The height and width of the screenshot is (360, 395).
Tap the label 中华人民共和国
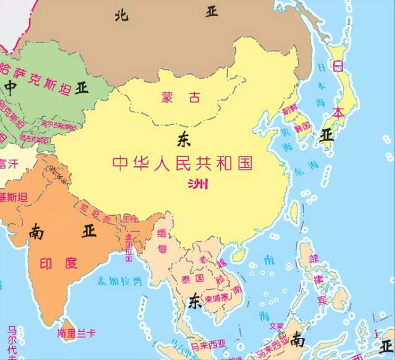coord(183,163)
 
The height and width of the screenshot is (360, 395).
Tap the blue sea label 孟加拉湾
coord(120,281)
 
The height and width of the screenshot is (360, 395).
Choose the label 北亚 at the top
coord(167,13)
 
